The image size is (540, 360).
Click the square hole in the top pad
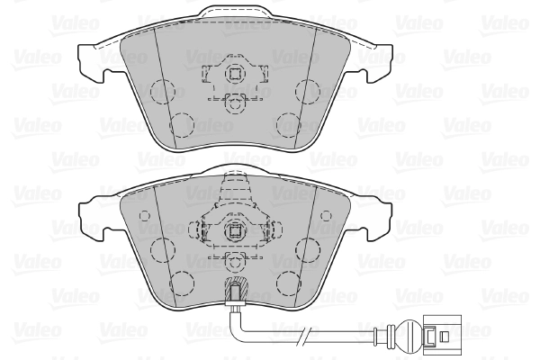pyautogui.click(x=234, y=75)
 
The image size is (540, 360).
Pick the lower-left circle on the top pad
pyautogui.click(x=182, y=123)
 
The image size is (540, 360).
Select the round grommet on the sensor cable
pyautogui.click(x=400, y=337)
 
